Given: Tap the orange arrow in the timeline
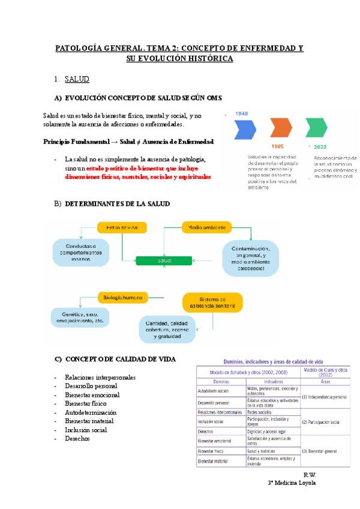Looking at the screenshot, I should (281, 129).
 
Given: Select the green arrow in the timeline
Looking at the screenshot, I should (316, 129).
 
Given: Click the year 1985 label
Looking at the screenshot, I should (277, 146).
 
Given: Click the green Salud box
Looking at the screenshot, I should (164, 261).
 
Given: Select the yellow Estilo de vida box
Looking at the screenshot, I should (122, 228).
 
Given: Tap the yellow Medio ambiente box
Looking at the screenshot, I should (206, 227).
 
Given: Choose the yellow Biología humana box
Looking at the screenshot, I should (123, 297).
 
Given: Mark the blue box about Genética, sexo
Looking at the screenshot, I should (78, 318).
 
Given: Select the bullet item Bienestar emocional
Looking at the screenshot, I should (92, 395).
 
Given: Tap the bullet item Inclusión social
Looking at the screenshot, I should (86, 430).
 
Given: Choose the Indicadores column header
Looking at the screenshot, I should (273, 381).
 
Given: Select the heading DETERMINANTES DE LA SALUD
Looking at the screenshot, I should (117, 204).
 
